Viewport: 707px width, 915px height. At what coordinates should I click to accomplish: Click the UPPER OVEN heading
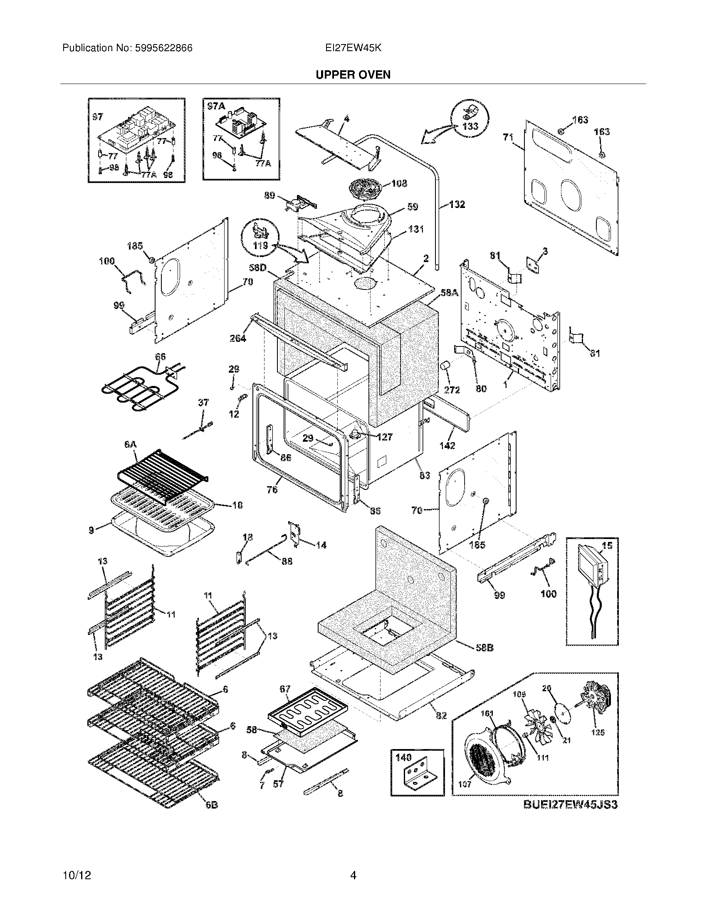pos(353,74)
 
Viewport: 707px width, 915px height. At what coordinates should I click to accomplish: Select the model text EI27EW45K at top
pos(353,48)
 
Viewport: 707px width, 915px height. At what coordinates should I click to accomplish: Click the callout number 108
pos(399,183)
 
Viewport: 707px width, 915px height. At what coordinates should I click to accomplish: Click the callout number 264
pos(238,338)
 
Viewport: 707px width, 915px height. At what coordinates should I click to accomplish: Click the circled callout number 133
pos(470,126)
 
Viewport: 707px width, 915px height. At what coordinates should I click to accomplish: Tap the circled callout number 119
pos(260,245)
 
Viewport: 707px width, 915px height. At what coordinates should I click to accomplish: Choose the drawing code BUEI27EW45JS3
pos(571,804)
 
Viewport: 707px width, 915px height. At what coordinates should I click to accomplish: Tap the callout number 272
pos(452,390)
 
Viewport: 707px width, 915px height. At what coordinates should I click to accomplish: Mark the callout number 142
pos(447,446)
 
